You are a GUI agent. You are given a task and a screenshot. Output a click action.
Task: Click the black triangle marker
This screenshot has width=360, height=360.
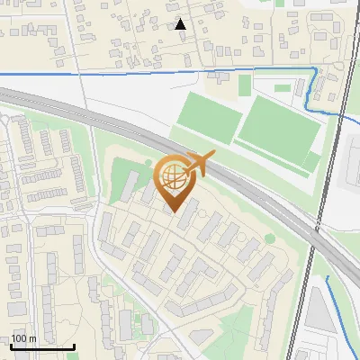point(181,24)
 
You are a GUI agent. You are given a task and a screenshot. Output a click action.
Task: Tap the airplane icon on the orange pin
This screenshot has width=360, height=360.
point(197,165)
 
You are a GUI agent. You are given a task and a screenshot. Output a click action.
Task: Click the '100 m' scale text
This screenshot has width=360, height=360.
point(23,338)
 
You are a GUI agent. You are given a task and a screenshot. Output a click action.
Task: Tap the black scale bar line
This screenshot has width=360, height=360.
point(41,346)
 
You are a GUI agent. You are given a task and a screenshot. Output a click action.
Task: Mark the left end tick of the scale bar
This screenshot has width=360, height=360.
point(10,346)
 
